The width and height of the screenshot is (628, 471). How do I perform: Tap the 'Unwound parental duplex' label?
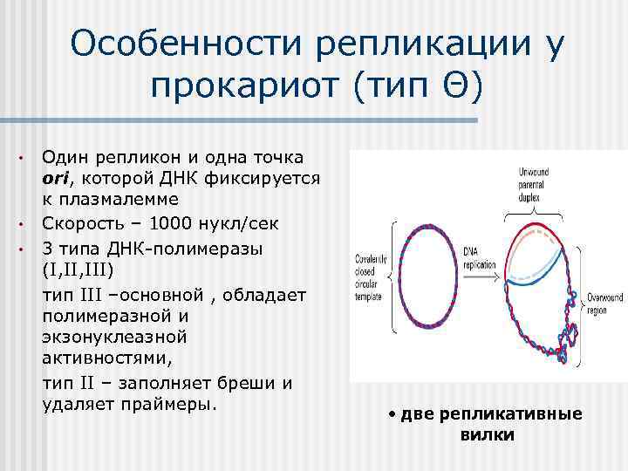(x=532, y=180)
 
